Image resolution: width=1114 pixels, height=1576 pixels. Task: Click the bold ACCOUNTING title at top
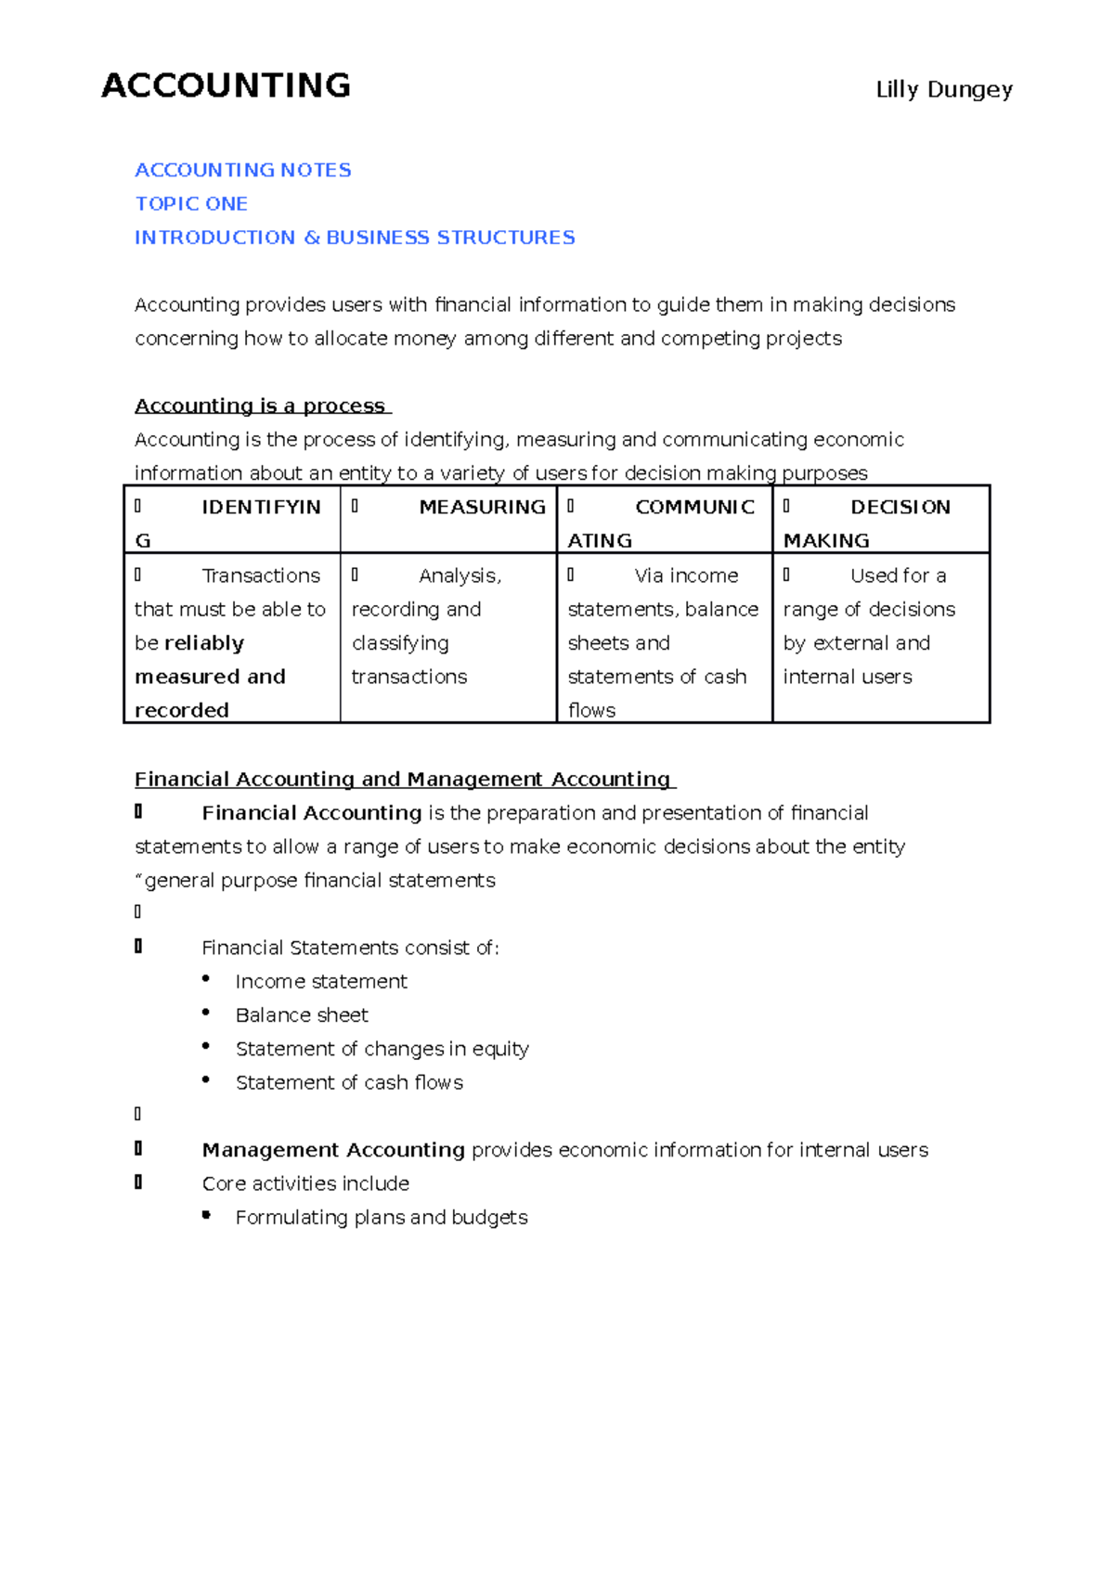pyautogui.click(x=226, y=85)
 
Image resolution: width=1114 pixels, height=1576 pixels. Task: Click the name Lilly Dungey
pyautogui.click(x=943, y=90)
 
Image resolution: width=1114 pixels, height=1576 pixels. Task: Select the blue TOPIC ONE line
pyautogui.click(x=191, y=203)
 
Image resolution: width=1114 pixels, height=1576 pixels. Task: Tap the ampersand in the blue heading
pyautogui.click(x=312, y=238)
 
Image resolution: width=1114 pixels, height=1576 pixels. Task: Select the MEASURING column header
pyautogui.click(x=482, y=507)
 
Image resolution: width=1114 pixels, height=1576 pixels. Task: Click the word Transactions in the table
pyautogui.click(x=261, y=575)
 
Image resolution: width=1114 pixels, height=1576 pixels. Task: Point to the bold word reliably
pyautogui.click(x=203, y=643)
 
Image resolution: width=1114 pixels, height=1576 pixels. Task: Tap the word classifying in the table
pyautogui.click(x=400, y=643)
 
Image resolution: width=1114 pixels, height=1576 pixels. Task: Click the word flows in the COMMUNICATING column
pyautogui.click(x=591, y=710)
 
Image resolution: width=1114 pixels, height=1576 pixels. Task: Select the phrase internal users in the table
pyautogui.click(x=848, y=677)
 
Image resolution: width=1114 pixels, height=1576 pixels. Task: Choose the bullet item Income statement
pyautogui.click(x=321, y=981)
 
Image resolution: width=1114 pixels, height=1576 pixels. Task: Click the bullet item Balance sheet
pyautogui.click(x=302, y=1014)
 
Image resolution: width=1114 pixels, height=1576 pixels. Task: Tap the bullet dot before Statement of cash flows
pyautogui.click(x=206, y=1079)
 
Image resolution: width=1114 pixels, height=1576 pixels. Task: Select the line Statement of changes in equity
pyautogui.click(x=382, y=1049)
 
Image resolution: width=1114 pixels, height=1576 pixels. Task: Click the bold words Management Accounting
pyautogui.click(x=333, y=1150)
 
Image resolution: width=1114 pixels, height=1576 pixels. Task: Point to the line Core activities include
pyautogui.click(x=305, y=1183)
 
